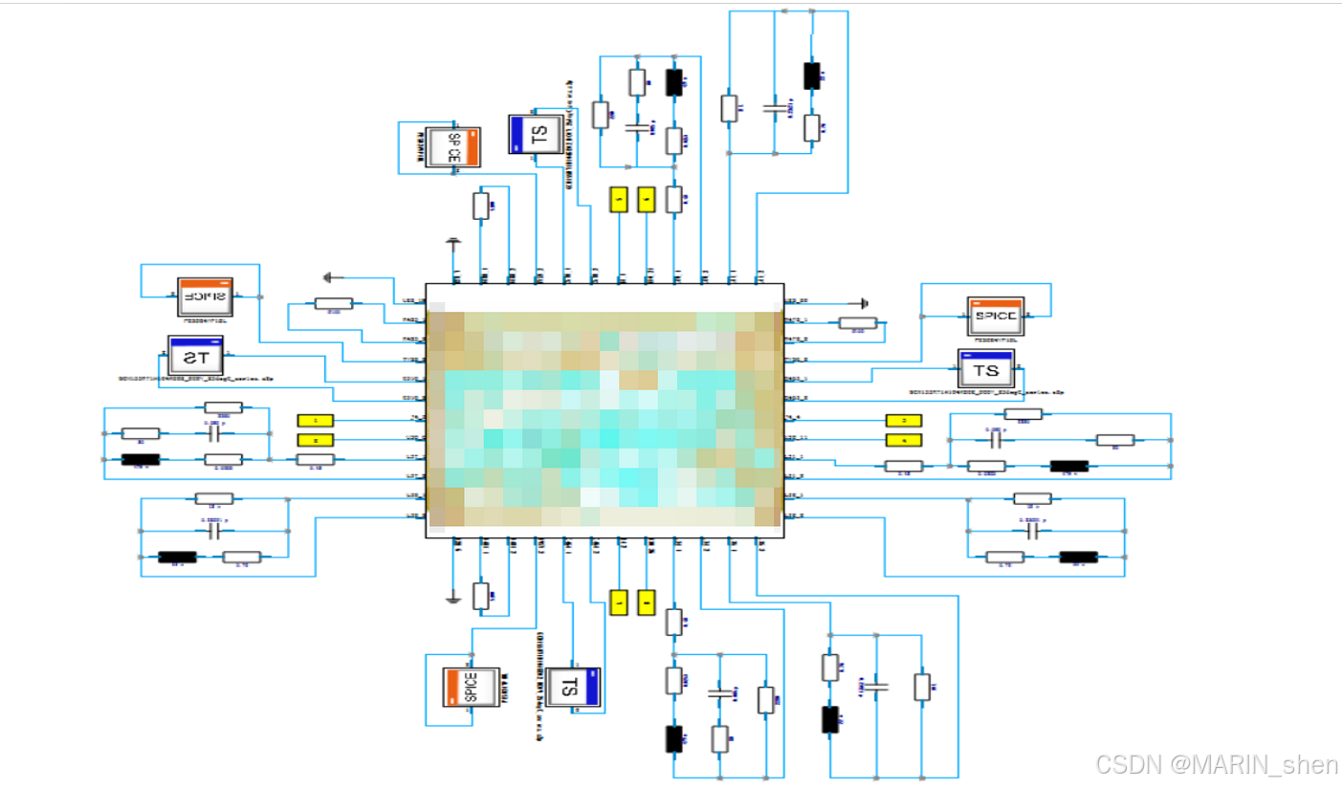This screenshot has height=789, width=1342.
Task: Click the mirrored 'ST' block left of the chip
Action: (x=195, y=358)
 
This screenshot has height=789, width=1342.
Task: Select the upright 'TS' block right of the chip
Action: (x=985, y=369)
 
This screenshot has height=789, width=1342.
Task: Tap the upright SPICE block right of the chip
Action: (x=995, y=315)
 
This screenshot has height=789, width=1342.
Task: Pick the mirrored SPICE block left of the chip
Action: (x=205, y=296)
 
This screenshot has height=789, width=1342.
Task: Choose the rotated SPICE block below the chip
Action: (x=471, y=687)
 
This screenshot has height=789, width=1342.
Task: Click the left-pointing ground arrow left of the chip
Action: (x=331, y=277)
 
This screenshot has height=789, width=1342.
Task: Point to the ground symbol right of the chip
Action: (x=864, y=301)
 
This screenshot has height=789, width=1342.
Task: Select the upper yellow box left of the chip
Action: (x=316, y=420)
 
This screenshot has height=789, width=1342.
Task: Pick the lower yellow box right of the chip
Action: (x=903, y=440)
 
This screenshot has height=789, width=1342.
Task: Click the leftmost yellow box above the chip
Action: (x=620, y=199)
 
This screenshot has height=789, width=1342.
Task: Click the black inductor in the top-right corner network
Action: (x=811, y=77)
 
